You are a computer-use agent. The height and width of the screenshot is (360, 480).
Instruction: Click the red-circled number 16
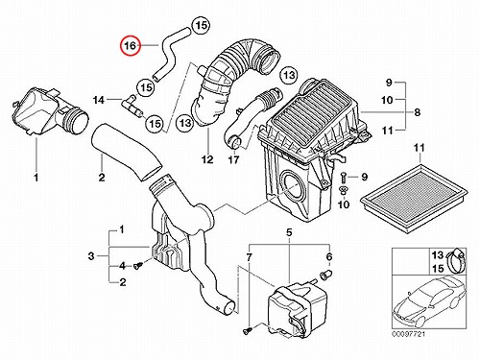coord(131,45)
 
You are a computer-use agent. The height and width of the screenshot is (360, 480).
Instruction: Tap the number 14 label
coord(99,100)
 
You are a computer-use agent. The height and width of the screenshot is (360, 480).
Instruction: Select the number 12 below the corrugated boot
coord(207,159)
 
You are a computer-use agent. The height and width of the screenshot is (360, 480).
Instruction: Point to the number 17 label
coord(233,159)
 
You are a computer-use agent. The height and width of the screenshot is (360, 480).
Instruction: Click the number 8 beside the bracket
coord(417,112)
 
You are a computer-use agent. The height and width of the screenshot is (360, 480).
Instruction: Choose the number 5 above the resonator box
coord(289,232)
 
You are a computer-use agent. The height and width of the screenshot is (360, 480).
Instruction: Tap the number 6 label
coord(329,256)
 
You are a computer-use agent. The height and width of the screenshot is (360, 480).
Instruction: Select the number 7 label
coord(250,257)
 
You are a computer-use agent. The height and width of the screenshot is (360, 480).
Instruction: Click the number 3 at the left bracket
coord(91,256)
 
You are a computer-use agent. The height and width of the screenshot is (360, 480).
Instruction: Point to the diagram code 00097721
coord(409,334)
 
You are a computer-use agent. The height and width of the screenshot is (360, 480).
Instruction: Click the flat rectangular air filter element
coord(414,199)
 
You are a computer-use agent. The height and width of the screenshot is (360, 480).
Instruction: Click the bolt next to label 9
coord(344,177)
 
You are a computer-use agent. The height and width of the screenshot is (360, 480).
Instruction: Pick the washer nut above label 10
coord(344,190)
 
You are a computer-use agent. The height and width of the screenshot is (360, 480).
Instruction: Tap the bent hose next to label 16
coord(168,51)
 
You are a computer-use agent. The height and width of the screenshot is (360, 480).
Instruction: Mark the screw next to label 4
coord(138,265)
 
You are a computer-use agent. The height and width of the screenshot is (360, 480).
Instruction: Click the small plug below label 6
coord(325,275)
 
